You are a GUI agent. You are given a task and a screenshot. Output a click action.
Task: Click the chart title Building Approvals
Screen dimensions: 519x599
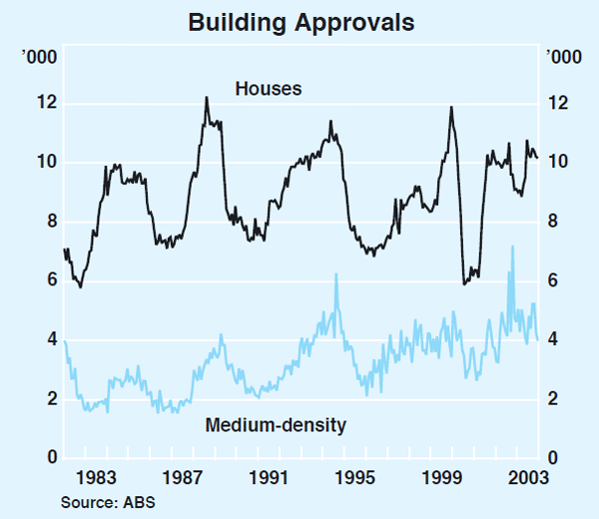pos(299,21)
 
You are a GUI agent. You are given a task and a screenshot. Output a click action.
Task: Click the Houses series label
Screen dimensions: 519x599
pos(269,89)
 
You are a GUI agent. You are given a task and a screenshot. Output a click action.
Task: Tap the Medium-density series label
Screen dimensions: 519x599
pos(276,425)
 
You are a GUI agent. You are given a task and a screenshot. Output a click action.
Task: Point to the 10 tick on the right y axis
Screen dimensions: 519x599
pos(555,163)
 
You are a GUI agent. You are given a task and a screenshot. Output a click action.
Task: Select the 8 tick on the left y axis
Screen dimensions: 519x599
pos(41,222)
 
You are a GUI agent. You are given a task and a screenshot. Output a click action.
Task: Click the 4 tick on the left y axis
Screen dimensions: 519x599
pos(41,340)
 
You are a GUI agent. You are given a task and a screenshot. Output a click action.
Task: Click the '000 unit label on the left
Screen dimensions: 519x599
pos(40,55)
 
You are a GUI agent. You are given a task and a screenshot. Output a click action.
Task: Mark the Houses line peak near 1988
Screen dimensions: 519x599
pos(206,98)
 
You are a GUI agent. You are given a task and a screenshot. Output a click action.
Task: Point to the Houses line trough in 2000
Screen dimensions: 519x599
pos(464,283)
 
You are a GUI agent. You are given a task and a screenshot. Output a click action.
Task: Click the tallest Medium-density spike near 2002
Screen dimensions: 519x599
pos(513,247)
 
